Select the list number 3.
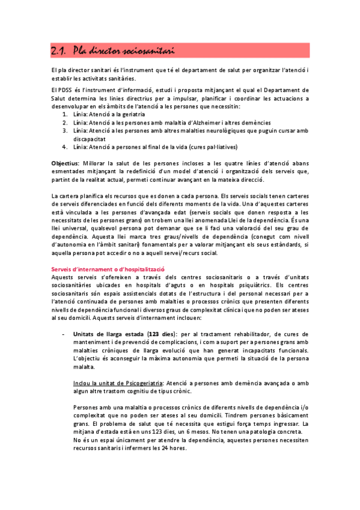pos(65,130)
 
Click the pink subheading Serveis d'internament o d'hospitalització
pos(108,268)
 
